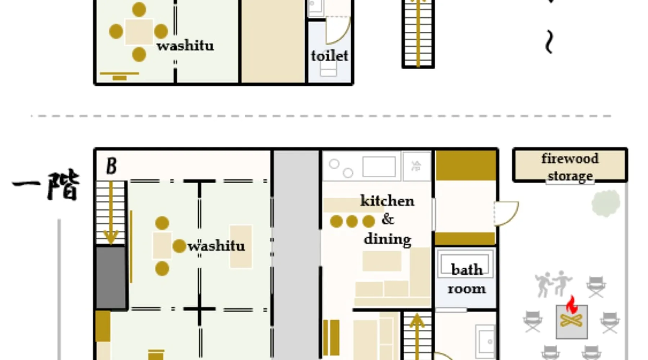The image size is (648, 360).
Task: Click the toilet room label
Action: (329, 56)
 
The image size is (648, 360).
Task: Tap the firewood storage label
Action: (570, 167)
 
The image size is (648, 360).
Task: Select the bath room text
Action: (467, 279)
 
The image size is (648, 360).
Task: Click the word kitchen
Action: (387, 201)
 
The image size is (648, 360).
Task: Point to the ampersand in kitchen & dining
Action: (388, 219)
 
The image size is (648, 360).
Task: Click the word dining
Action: (387, 239)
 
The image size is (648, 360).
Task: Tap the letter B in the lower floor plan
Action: (111, 166)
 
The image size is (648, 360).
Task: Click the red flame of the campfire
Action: (572, 305)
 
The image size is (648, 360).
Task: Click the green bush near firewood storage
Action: (606, 203)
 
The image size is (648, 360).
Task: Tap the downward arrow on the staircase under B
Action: (111, 212)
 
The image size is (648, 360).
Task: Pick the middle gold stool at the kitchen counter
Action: (352, 221)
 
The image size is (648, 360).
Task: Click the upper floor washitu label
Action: (185, 46)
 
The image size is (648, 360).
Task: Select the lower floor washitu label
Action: (216, 246)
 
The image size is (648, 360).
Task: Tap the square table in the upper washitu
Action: (139, 32)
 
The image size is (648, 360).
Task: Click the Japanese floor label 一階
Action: (46, 185)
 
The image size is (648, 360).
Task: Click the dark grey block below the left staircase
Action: (111, 277)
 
